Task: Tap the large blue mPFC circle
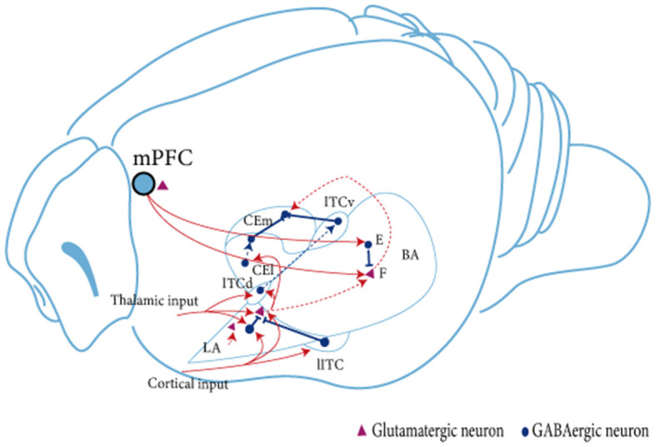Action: pyautogui.click(x=143, y=183)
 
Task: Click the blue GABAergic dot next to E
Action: pyautogui.click(x=368, y=244)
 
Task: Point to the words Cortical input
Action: pyautogui.click(x=188, y=384)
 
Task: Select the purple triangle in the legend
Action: pyautogui.click(x=362, y=430)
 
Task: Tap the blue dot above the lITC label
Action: pyautogui.click(x=324, y=342)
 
